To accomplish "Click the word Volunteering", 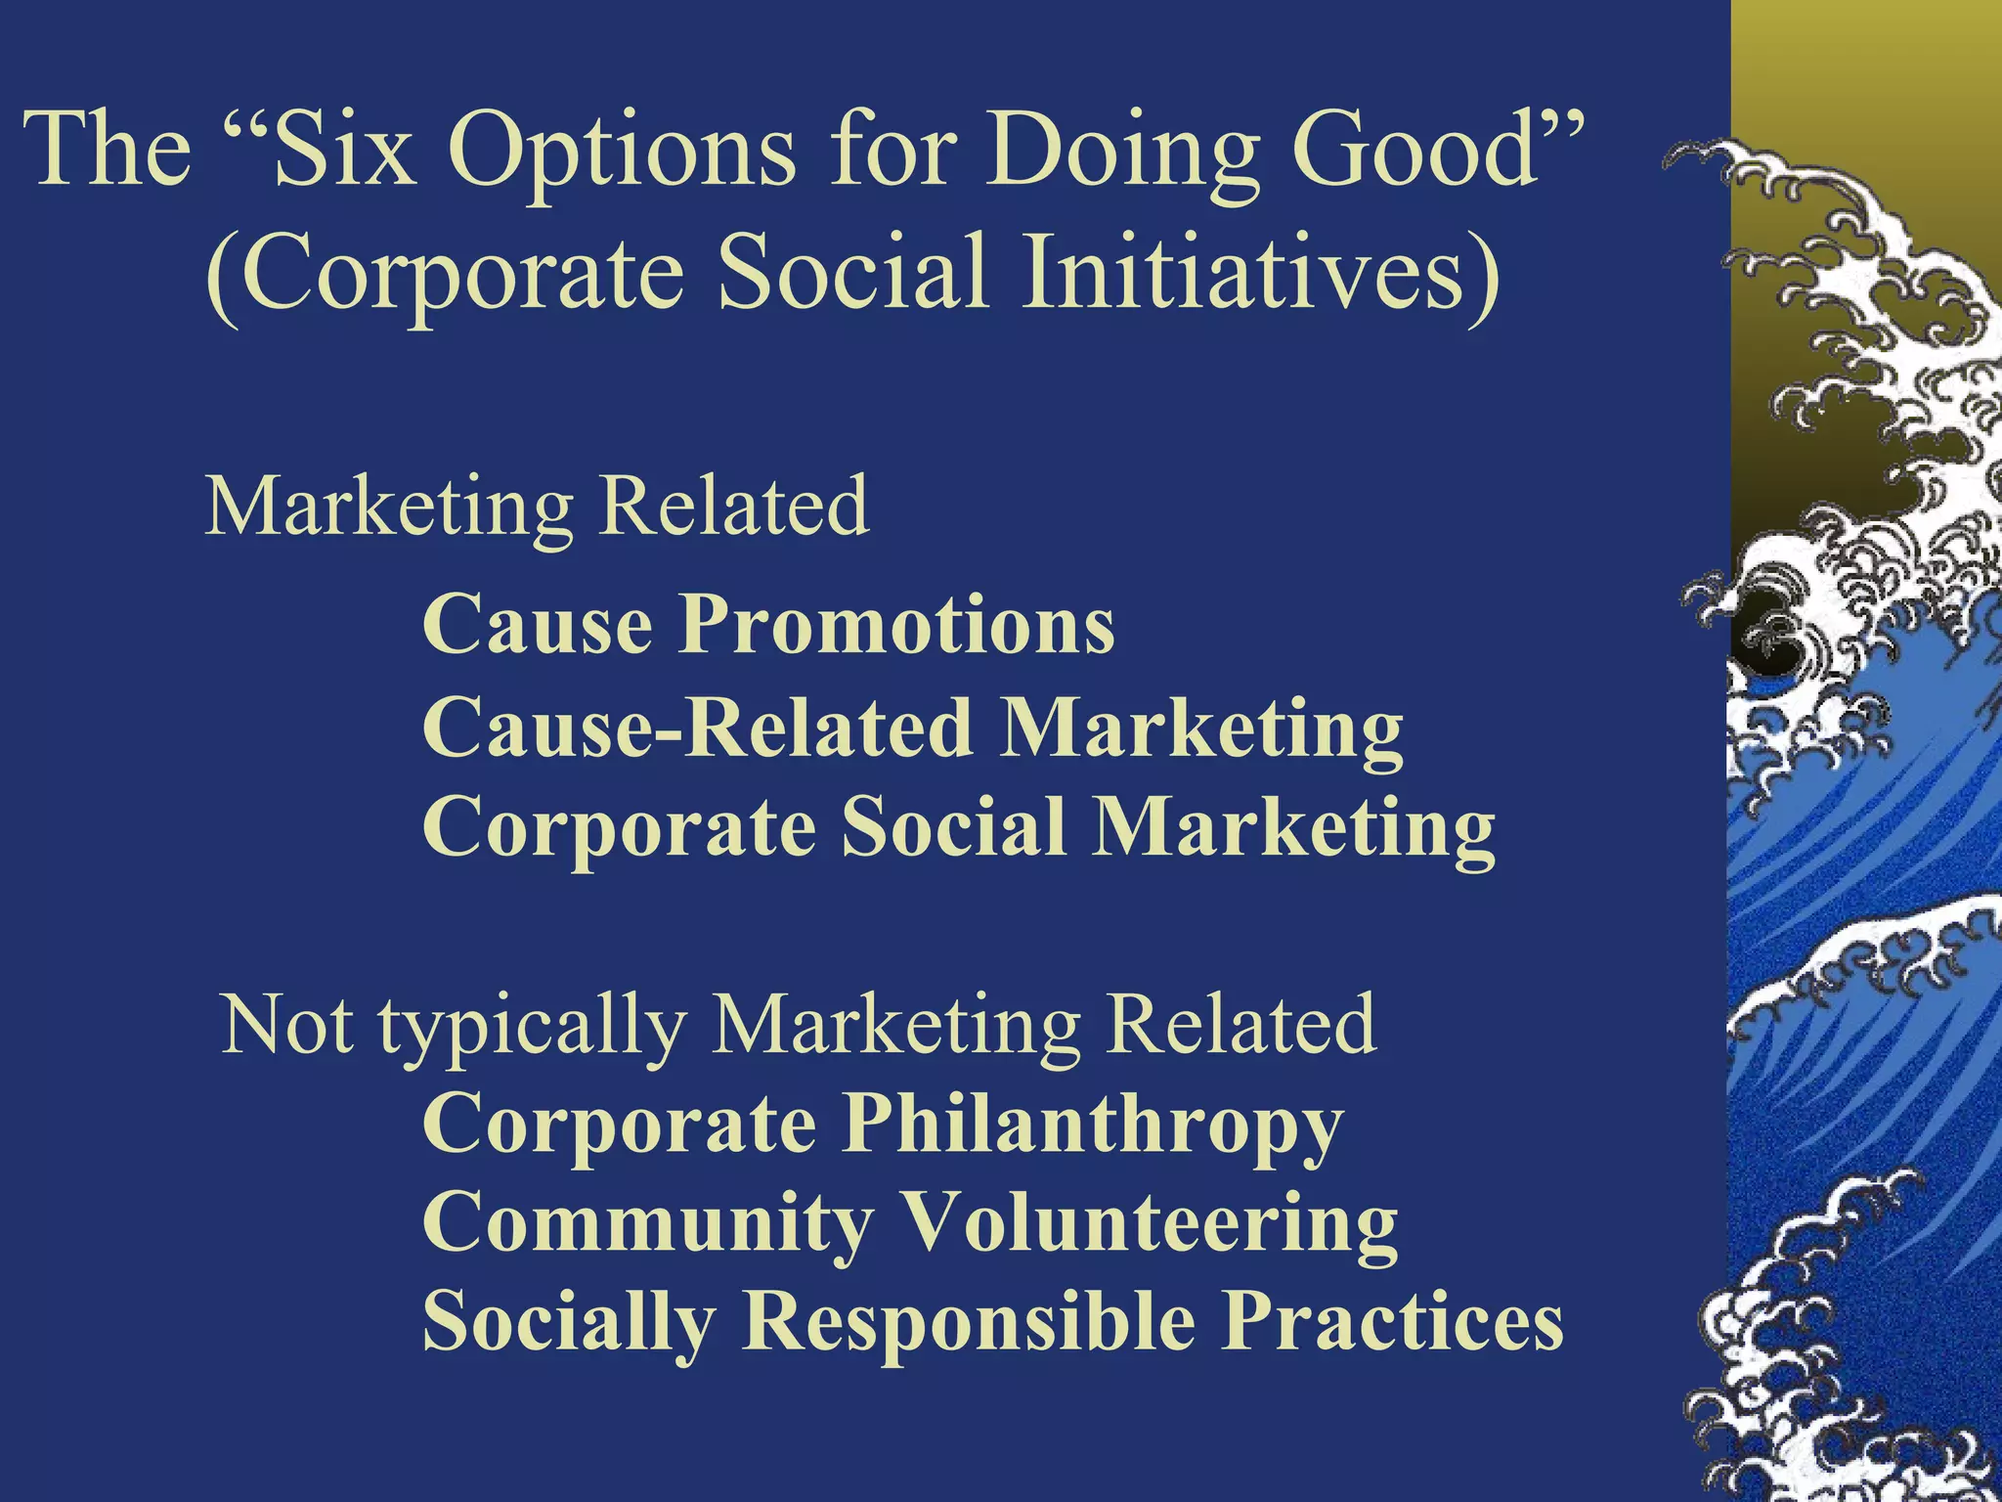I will coord(1149,1222).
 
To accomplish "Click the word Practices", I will coord(1394,1321).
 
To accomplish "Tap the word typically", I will coord(532,1026).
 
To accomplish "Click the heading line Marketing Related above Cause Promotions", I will coord(537,507).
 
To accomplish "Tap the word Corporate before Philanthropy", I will coord(620,1125).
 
